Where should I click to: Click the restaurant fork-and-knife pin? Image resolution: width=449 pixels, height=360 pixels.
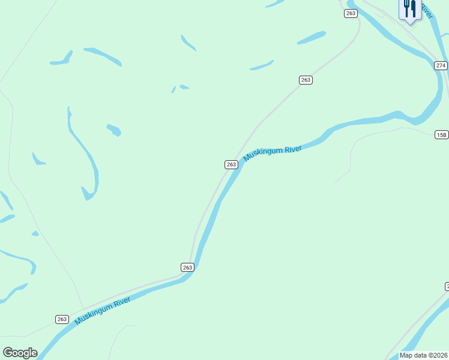click(x=409, y=10)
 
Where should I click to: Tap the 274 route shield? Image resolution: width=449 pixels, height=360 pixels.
click(x=441, y=65)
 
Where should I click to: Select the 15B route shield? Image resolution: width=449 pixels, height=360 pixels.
click(x=442, y=134)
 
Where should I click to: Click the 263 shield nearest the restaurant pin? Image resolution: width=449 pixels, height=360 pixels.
click(x=351, y=13)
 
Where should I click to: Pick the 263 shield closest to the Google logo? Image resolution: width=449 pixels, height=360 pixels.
click(x=62, y=319)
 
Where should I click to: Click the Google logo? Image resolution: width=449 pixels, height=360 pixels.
click(x=20, y=353)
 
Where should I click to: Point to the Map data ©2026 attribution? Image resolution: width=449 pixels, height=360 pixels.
click(x=424, y=355)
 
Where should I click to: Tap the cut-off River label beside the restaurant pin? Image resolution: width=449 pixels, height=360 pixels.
click(x=426, y=10)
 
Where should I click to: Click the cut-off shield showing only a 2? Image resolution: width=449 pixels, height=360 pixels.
click(x=447, y=286)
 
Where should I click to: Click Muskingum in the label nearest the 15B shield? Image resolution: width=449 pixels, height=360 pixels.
click(x=262, y=154)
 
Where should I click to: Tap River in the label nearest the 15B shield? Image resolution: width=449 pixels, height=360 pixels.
click(x=292, y=148)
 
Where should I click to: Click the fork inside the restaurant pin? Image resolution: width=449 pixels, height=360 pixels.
click(x=406, y=8)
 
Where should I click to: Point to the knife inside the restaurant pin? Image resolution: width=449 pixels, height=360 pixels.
click(x=412, y=8)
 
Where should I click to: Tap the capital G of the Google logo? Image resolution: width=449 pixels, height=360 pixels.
click(x=8, y=353)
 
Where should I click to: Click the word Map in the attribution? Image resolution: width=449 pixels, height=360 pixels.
click(x=406, y=355)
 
